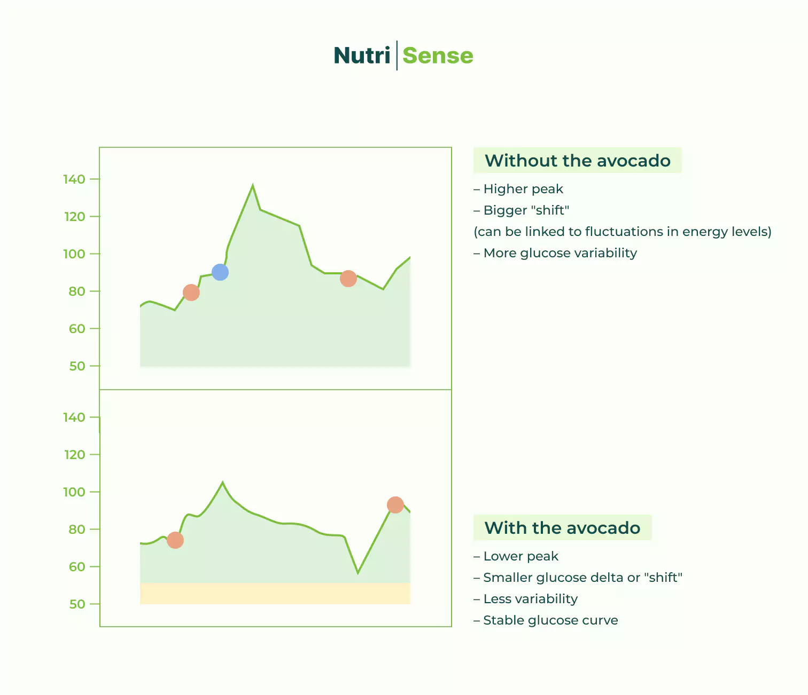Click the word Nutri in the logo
(x=362, y=56)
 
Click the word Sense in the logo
(x=438, y=56)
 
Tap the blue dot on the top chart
(x=220, y=272)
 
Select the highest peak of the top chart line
(x=253, y=186)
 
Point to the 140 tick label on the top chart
(x=74, y=179)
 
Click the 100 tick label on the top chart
(x=74, y=254)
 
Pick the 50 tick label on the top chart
(x=77, y=366)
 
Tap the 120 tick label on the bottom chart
(x=74, y=455)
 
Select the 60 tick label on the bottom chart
(x=77, y=567)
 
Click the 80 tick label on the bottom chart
(x=77, y=530)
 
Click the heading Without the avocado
(x=577, y=161)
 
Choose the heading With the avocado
(x=562, y=528)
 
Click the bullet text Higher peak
(x=523, y=189)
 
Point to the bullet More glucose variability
(x=560, y=253)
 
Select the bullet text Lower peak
(x=520, y=556)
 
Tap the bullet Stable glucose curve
(x=550, y=620)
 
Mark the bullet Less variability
(x=530, y=599)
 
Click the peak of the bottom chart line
(x=223, y=483)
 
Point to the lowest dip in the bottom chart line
(x=358, y=573)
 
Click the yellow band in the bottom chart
(x=275, y=594)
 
